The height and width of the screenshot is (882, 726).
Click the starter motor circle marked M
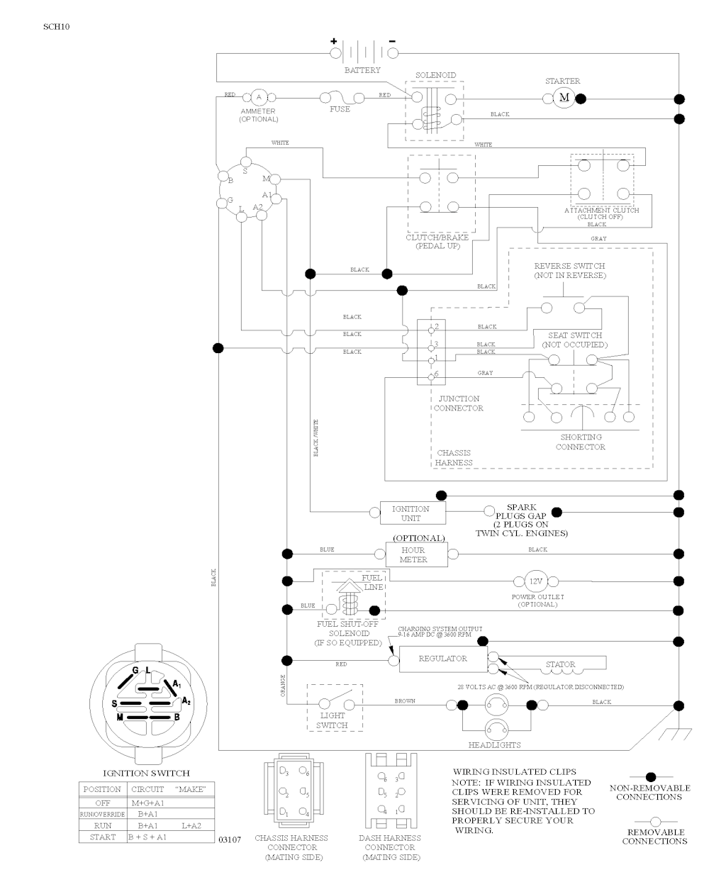click(x=564, y=96)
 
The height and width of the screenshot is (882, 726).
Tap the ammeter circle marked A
click(x=258, y=96)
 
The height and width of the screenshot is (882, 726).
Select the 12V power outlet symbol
click(x=536, y=581)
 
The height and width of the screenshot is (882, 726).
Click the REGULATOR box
click(x=442, y=659)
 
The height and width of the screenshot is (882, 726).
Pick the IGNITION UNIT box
click(x=411, y=513)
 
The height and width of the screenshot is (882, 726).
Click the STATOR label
click(x=560, y=664)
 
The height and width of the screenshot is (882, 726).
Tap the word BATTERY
click(x=362, y=70)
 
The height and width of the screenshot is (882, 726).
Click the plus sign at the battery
click(x=333, y=40)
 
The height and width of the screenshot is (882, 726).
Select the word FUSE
click(x=340, y=109)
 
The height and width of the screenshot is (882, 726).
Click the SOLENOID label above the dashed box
click(x=435, y=75)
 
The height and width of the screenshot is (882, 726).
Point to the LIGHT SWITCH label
click(x=332, y=720)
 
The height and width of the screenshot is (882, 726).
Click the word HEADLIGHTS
click(x=494, y=745)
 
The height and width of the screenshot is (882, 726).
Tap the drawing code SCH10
click(x=56, y=27)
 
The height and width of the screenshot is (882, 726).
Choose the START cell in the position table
click(x=103, y=837)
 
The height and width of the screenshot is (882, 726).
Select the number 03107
click(x=230, y=839)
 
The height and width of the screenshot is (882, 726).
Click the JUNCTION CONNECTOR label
click(x=458, y=403)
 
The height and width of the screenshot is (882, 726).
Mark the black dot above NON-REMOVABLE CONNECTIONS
click(x=650, y=777)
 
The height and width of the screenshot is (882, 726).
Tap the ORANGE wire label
click(x=283, y=686)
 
